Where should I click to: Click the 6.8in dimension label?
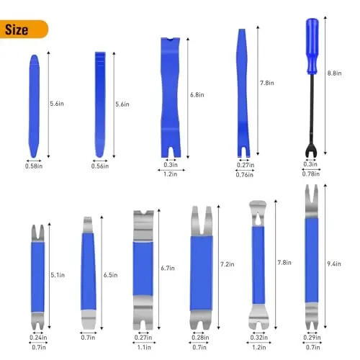point(197,94)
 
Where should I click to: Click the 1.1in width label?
point(143,348)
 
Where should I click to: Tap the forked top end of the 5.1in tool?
point(35,232)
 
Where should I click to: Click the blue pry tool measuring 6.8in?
point(171,94)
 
